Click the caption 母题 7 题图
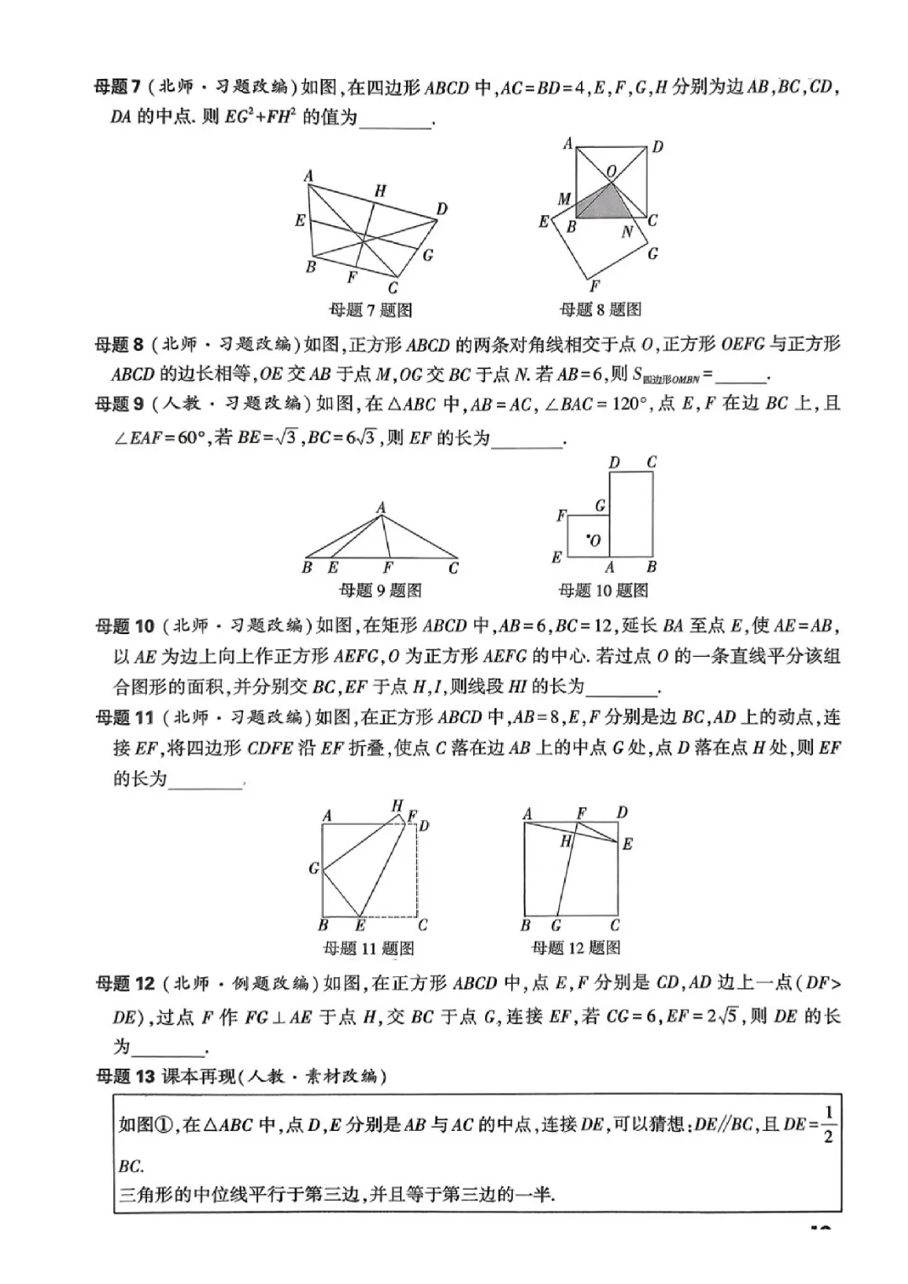point(370,310)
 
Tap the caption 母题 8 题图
point(600,309)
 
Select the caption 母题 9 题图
point(380,590)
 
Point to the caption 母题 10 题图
point(604,590)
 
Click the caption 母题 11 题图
point(368,948)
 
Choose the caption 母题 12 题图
point(577,948)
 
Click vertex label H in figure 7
point(380,192)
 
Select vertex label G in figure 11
point(314,868)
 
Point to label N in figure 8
point(626,231)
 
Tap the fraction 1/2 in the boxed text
point(828,1125)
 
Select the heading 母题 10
point(125,626)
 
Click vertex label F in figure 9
point(388,568)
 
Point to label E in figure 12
point(627,844)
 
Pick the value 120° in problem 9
point(626,404)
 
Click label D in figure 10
point(615,462)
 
